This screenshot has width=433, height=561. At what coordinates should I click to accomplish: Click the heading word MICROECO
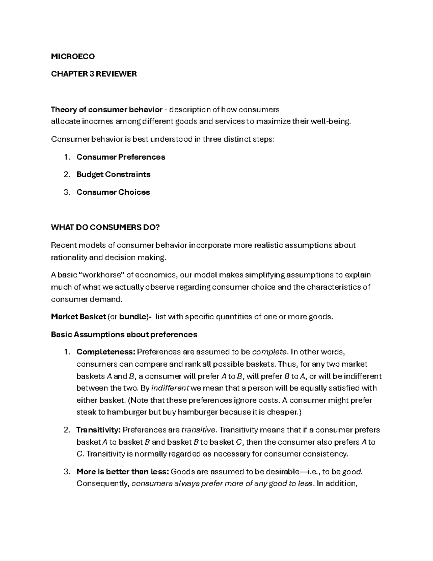point(73,56)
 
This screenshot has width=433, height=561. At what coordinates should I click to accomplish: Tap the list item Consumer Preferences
point(121,157)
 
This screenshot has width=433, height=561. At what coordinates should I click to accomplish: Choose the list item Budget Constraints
point(113,174)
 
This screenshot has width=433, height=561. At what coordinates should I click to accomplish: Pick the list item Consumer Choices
point(113,192)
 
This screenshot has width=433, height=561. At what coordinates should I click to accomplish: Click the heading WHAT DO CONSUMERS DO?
point(105,227)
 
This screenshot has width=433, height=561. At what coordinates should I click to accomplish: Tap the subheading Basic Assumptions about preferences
point(124,335)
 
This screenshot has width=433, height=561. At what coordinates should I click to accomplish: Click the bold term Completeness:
point(106,352)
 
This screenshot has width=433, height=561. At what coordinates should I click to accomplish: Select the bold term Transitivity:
point(98,430)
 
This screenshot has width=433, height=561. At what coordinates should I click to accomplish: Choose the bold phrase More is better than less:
point(123,472)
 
